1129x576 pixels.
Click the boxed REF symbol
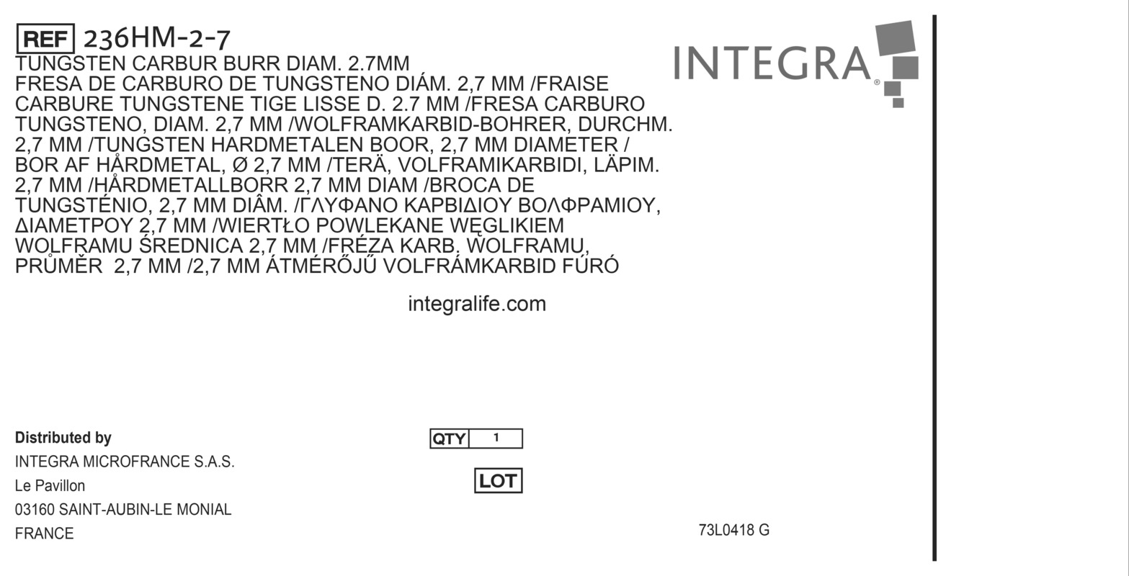click(45, 39)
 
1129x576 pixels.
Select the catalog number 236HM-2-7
click(157, 38)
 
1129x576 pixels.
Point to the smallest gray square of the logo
click(898, 103)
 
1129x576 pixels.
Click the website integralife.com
click(477, 304)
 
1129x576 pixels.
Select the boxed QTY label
click(450, 438)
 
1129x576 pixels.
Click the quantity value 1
click(496, 438)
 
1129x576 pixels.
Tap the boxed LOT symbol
click(498, 481)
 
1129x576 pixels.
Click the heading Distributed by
click(63, 438)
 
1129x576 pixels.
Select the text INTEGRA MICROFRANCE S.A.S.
click(125, 462)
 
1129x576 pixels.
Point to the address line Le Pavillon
click(50, 486)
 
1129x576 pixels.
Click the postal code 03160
click(35, 510)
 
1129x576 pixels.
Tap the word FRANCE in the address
click(45, 534)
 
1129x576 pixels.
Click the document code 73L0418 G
click(733, 531)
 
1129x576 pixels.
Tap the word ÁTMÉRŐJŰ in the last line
click(321, 266)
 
